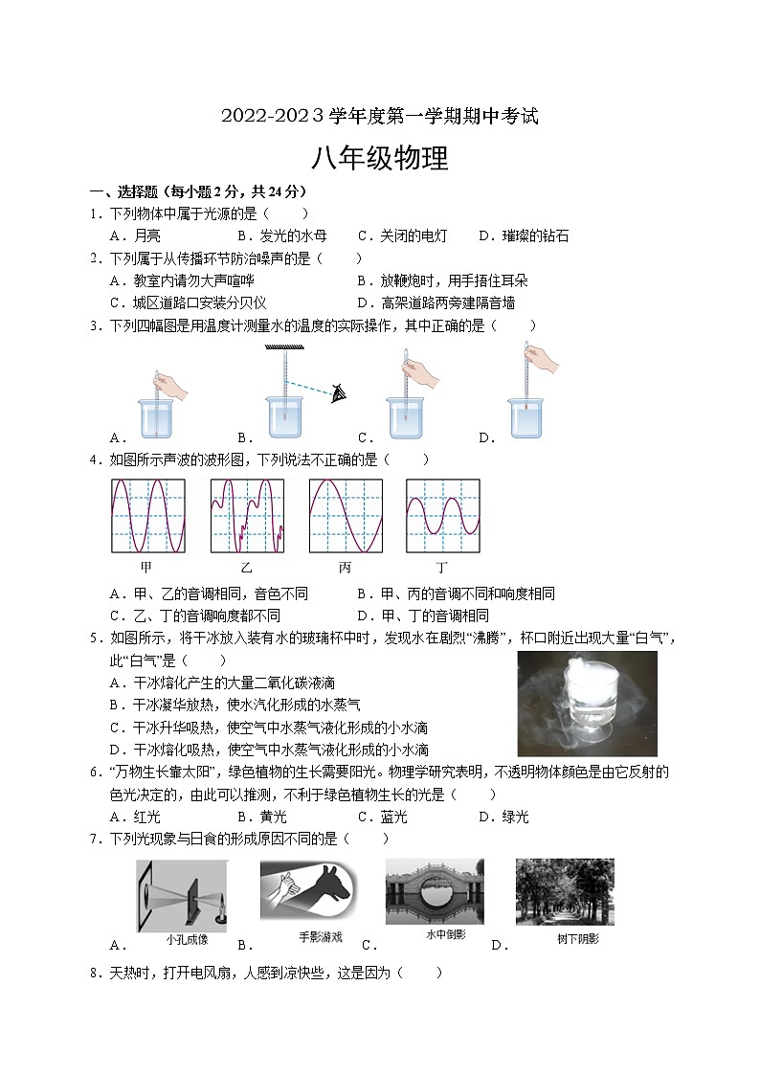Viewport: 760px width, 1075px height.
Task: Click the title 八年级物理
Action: pos(380,159)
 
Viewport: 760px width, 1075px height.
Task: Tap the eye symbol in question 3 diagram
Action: pos(337,392)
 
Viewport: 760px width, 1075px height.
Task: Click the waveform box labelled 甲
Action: pos(146,516)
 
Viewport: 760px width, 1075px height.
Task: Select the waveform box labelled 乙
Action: pos(247,516)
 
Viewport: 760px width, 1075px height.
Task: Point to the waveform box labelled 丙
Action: pos(345,516)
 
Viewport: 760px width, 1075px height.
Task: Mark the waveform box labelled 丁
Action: pos(442,516)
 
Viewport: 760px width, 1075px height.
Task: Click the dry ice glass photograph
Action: pos(587,704)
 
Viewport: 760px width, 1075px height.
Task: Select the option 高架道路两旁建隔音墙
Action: pos(447,302)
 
